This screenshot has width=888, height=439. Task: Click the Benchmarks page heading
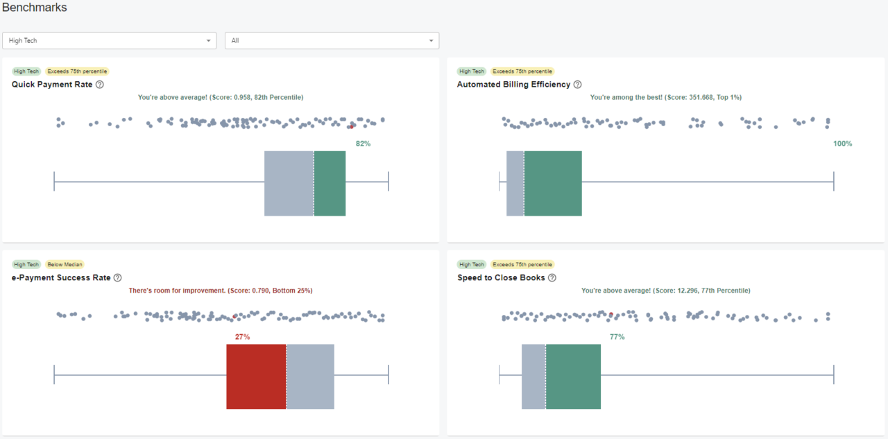tap(35, 8)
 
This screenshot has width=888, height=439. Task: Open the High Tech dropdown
tap(110, 41)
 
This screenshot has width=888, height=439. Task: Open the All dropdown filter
tap(332, 41)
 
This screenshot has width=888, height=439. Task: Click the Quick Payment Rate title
tap(52, 85)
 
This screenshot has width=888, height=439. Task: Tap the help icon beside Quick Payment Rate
tap(100, 85)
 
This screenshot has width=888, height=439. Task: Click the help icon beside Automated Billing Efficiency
tap(578, 85)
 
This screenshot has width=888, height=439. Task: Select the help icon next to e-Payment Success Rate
tap(118, 278)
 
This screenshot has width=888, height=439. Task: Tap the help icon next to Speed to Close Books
tap(552, 278)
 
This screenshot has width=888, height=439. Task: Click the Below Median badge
tap(65, 264)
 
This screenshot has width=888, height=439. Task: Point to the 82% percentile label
tap(363, 144)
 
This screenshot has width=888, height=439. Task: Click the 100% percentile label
tap(842, 144)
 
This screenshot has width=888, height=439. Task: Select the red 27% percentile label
tap(242, 337)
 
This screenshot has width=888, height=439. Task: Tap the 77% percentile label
tap(617, 337)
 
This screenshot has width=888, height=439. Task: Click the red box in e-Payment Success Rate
tap(256, 377)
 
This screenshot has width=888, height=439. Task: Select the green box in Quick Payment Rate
tap(330, 183)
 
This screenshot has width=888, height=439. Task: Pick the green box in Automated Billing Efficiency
tap(553, 183)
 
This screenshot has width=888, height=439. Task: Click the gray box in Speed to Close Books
tap(533, 377)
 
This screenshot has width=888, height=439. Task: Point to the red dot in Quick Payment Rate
tap(352, 126)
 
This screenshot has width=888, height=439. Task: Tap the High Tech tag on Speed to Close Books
tap(472, 264)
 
